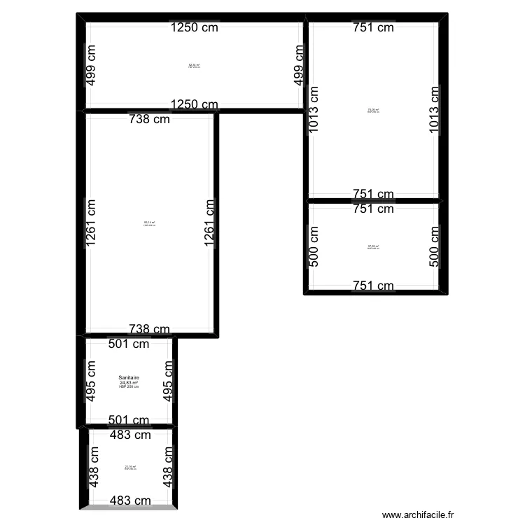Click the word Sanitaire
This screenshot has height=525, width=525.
tap(129, 379)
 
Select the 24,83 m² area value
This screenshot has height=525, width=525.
tap(129, 383)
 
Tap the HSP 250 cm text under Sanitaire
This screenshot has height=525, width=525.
tap(129, 387)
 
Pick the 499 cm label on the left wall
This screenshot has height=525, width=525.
tap(91, 65)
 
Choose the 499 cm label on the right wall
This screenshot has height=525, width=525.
tap(300, 65)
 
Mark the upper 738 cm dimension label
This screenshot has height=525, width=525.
tap(149, 119)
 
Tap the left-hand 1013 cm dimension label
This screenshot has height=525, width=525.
tap(314, 111)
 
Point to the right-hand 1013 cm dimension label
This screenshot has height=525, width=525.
tap(435, 111)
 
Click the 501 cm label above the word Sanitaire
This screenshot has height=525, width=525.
tap(129, 344)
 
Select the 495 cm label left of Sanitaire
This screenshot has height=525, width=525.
tap(91, 381)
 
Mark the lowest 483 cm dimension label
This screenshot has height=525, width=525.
tap(130, 500)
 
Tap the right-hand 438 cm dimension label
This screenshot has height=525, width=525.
tap(169, 467)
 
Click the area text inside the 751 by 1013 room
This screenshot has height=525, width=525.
tap(373, 110)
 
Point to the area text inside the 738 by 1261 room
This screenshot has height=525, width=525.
tap(149, 223)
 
